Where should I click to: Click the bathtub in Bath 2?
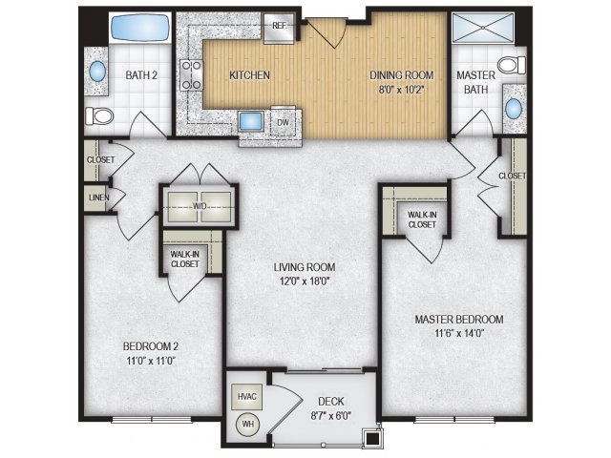[140, 28]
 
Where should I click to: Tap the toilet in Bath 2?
[99, 116]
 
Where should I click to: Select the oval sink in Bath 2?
[97, 72]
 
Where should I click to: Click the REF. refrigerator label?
[280, 26]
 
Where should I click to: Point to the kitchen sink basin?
[251, 121]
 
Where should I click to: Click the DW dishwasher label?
[284, 122]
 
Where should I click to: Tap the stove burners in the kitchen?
[191, 74]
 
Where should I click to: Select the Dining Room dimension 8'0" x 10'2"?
[401, 90]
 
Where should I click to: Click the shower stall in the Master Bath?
[483, 28]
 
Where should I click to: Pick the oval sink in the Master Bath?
[514, 109]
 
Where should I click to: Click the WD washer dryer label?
[200, 206]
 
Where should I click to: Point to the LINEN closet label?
[99, 198]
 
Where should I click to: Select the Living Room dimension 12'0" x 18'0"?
[305, 281]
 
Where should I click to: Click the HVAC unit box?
[247, 397]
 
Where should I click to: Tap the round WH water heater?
[247, 424]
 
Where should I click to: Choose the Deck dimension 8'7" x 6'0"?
[331, 416]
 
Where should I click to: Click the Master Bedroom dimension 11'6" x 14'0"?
[459, 333]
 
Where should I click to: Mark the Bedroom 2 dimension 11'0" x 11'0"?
[151, 361]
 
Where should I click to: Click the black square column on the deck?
[373, 439]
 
